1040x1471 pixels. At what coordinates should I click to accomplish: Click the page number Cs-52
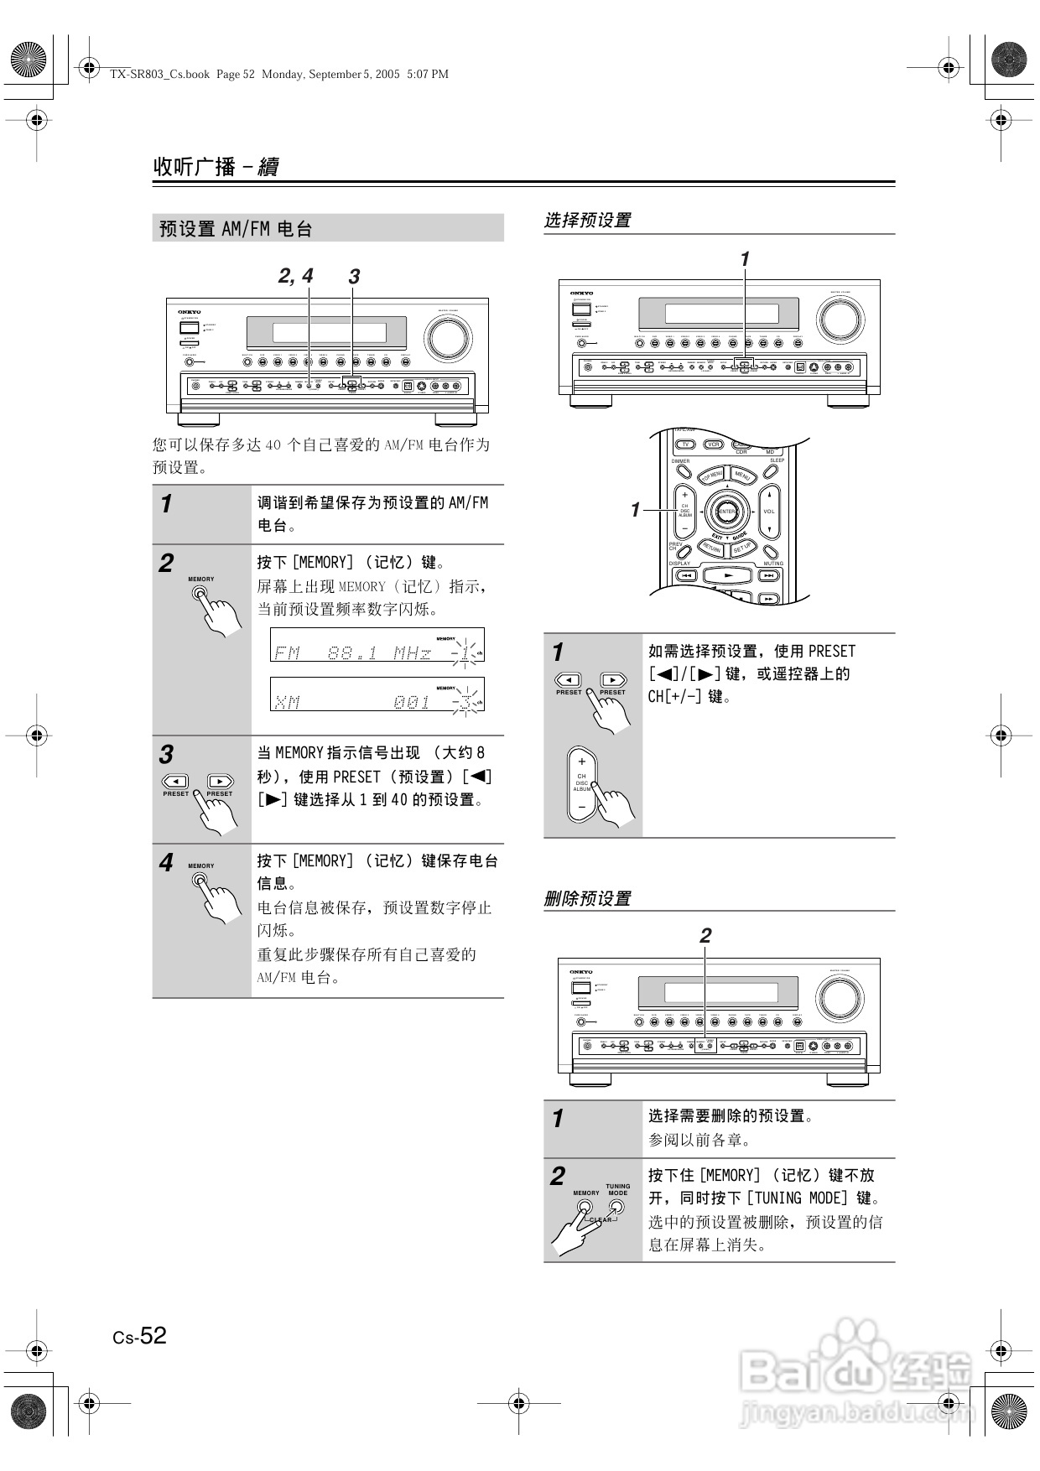[x=140, y=1335]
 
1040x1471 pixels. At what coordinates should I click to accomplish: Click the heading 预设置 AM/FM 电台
[x=236, y=229]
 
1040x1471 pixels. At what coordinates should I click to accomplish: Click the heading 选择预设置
[x=587, y=221]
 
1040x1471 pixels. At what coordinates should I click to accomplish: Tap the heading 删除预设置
[x=587, y=898]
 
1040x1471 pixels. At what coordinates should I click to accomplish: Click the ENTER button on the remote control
[x=726, y=512]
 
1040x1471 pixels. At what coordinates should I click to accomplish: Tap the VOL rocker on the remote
[x=769, y=512]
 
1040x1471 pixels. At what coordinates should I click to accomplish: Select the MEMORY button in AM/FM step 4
[x=200, y=880]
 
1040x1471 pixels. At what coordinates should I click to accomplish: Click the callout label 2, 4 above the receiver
[x=295, y=276]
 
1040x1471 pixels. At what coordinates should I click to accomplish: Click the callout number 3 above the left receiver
[x=354, y=277]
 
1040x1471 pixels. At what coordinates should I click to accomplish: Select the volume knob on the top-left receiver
[x=448, y=337]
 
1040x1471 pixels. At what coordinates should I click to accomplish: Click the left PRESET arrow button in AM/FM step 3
[x=175, y=782]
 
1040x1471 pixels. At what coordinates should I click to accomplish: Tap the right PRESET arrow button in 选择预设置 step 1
[x=613, y=680]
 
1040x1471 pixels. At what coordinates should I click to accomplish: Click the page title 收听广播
[x=195, y=166]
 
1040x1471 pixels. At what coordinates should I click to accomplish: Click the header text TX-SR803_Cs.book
[x=159, y=74]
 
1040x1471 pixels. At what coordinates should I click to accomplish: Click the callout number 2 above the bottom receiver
[x=705, y=935]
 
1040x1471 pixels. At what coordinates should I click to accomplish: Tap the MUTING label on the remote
[x=772, y=564]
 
